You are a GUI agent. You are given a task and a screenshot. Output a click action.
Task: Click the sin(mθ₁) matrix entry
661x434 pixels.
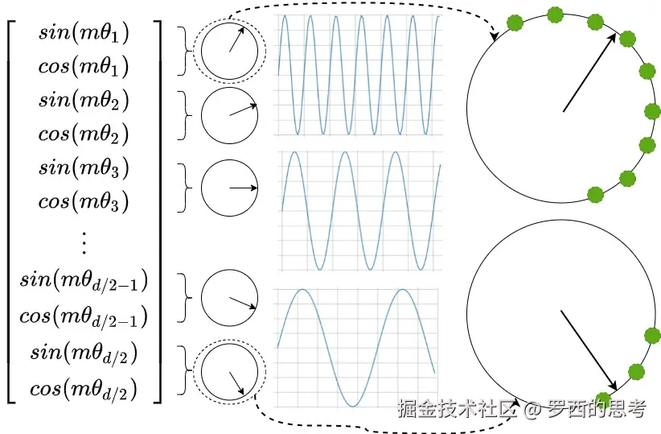click(x=84, y=33)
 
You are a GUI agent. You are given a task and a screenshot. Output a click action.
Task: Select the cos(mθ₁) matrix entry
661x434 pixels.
click(x=84, y=66)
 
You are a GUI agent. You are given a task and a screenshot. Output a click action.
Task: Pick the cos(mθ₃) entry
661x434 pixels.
click(x=84, y=200)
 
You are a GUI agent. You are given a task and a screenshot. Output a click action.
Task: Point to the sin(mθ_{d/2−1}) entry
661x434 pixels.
click(x=84, y=282)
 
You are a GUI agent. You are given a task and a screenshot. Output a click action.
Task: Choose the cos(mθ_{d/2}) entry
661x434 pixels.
click(x=84, y=390)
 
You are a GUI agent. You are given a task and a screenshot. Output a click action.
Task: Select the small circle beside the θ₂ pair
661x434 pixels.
click(x=229, y=116)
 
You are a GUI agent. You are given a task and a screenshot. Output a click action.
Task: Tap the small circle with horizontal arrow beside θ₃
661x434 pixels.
click(x=229, y=188)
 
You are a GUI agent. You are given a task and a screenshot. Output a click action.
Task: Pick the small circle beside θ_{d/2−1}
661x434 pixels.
click(x=229, y=299)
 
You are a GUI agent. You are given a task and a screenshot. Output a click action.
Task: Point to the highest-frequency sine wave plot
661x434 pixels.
click(x=358, y=74)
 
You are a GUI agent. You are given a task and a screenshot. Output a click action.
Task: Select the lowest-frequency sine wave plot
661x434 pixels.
click(x=356, y=346)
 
